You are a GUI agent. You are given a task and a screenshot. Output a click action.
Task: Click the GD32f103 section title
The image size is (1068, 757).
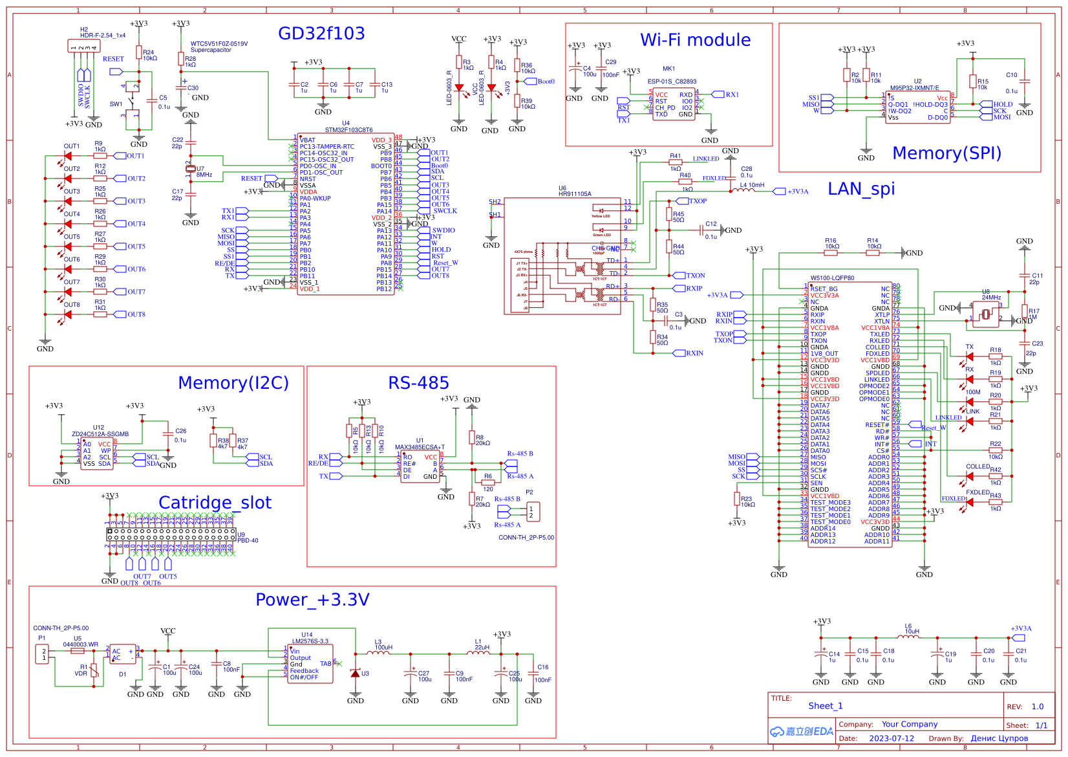tap(321, 34)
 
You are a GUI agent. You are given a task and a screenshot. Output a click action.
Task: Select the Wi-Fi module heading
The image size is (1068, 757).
tap(695, 40)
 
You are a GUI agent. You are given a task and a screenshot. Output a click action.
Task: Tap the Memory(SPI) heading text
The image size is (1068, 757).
tap(946, 153)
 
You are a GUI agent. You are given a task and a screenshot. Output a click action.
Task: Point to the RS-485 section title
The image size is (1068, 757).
tap(418, 383)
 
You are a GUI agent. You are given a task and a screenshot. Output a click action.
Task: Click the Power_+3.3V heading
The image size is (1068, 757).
tap(312, 600)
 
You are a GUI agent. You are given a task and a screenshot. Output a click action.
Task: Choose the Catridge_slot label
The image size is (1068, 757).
tap(215, 503)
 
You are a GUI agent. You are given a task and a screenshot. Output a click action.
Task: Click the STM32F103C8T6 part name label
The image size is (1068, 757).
tap(348, 130)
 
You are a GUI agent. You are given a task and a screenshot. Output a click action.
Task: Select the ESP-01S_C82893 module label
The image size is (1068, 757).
tap(672, 82)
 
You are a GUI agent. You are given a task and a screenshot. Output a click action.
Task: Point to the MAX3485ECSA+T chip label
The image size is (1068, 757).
tap(420, 447)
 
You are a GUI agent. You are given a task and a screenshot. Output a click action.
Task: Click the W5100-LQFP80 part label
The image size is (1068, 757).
tap(832, 278)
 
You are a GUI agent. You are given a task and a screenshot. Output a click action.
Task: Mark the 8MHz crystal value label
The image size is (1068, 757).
tap(204, 175)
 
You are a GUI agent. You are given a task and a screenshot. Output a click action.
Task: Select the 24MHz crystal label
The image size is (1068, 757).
tap(991, 298)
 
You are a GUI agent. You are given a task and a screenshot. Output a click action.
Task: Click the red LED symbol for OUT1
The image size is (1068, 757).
tap(68, 156)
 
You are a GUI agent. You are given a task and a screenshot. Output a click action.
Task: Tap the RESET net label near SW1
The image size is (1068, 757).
tap(113, 59)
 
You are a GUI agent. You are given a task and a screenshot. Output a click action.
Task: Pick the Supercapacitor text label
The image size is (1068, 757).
tap(211, 50)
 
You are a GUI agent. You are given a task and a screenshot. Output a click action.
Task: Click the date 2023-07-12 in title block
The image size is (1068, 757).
tap(892, 738)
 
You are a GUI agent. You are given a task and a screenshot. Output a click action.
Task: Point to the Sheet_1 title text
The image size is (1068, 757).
tap(825, 706)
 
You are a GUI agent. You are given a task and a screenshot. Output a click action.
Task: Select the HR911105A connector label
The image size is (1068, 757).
tap(575, 194)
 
